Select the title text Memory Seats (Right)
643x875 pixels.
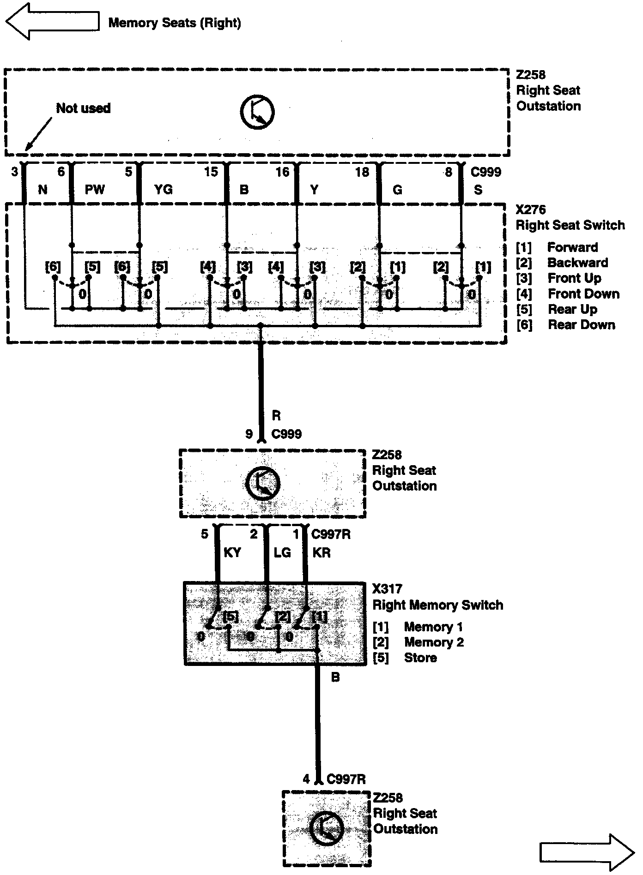pos(175,23)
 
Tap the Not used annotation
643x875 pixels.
pos(83,108)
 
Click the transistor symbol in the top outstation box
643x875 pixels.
pos(257,112)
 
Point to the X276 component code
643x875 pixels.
pos(531,210)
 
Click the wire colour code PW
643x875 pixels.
pos(95,189)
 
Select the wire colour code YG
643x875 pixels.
pos(163,189)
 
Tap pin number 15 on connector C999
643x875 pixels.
pos(211,172)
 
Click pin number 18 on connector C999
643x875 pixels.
pos(362,172)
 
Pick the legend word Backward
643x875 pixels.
pos(577,263)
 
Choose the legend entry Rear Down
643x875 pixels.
pos(581,325)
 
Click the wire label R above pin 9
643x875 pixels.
pos(276,416)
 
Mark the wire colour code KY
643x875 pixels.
pos(232,552)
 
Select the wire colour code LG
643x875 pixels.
pos(282,552)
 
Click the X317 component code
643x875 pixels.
pos(387,589)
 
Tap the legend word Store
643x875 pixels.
pos(420,658)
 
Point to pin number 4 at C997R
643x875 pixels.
pos(306,779)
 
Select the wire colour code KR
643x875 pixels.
pos(321,552)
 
